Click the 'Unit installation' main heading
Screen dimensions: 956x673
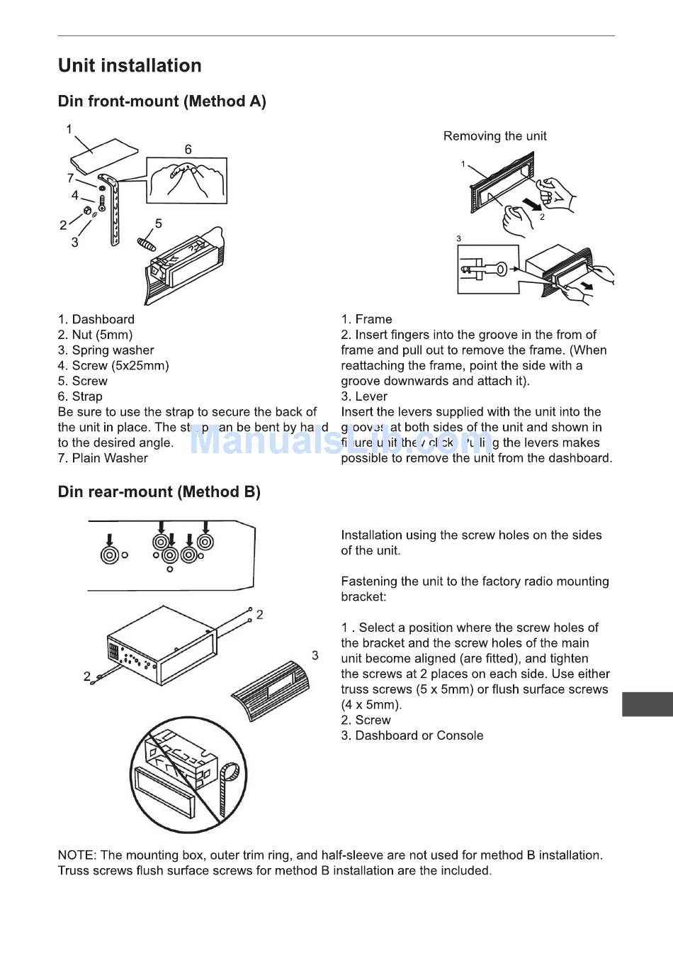click(130, 66)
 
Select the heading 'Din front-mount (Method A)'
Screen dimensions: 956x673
click(162, 101)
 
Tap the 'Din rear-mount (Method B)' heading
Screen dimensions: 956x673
click(159, 491)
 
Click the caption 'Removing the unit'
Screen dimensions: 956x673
click(494, 136)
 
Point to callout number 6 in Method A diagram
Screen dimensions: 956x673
click(188, 150)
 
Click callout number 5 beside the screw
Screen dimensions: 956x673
click(159, 223)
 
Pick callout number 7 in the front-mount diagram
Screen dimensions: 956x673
click(70, 178)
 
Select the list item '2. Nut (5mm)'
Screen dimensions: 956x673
click(95, 335)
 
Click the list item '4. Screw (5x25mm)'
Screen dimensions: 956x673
click(113, 365)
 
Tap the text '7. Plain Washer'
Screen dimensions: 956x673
click(103, 458)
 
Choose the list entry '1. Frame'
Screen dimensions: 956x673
click(366, 319)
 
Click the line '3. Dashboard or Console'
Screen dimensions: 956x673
click(412, 735)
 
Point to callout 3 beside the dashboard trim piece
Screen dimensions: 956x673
click(315, 655)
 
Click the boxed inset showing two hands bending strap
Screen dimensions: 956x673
click(187, 180)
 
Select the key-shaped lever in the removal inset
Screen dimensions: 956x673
click(488, 269)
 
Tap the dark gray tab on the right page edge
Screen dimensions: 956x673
click(647, 704)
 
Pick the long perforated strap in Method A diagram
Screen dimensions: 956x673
click(113, 213)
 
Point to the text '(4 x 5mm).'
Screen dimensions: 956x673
click(371, 705)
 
